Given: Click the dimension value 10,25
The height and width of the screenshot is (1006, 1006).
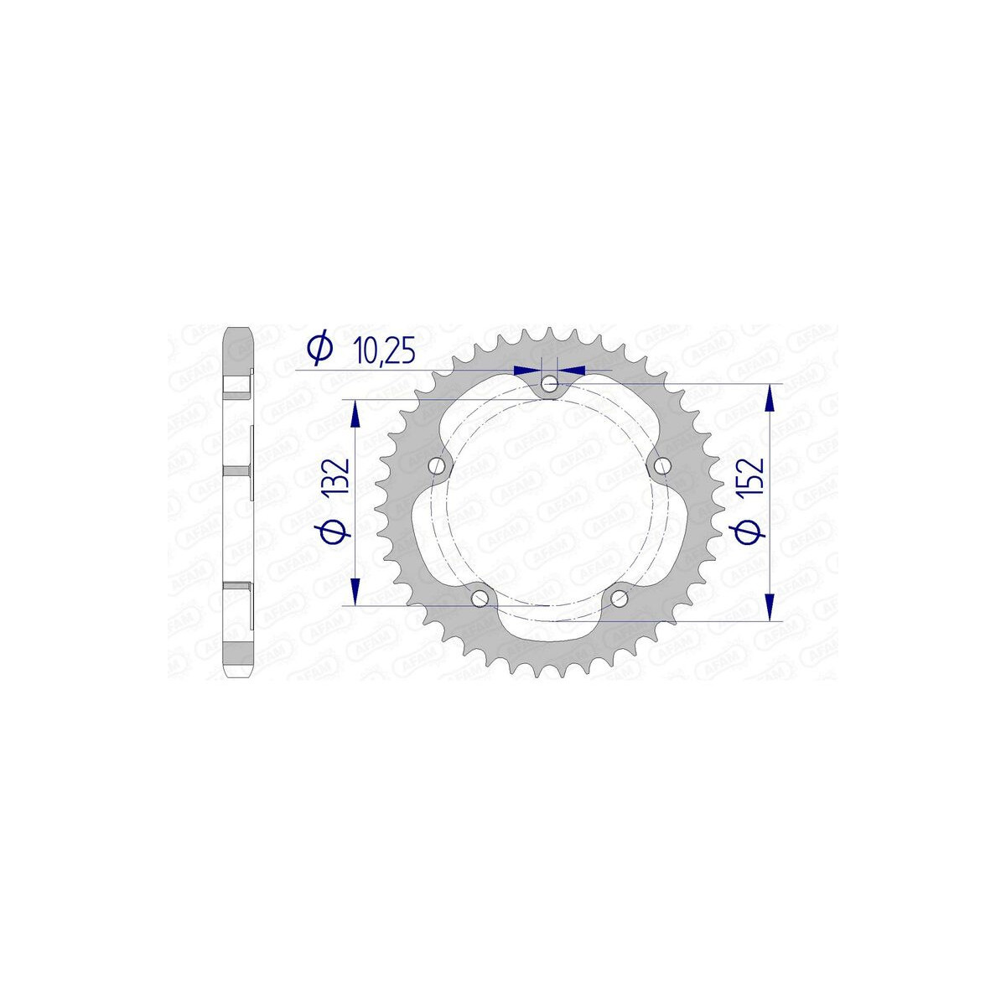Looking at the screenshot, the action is pos(384,350).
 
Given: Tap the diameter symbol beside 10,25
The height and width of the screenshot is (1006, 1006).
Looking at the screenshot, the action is pos(319,346).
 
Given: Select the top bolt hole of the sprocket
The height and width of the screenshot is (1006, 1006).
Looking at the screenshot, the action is pos(549,385).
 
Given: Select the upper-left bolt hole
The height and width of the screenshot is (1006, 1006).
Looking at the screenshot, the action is pos(436,464).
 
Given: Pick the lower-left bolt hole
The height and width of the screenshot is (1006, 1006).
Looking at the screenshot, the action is pos(479,599).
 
